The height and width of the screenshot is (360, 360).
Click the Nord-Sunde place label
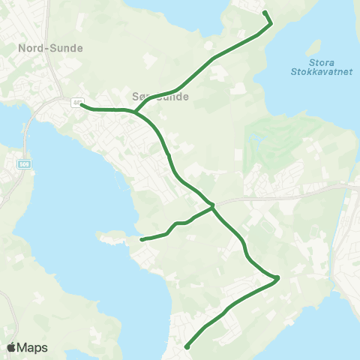coord(49,48)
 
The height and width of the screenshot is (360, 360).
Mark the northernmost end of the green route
coord(265,13)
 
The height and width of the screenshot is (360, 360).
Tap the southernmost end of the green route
coord(186,346)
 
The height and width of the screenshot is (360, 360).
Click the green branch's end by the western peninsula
coord(142,240)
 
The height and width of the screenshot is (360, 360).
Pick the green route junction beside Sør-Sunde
coord(135,112)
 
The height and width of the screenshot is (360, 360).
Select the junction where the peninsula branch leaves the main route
coord(212,206)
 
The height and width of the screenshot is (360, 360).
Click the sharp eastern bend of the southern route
coord(277,278)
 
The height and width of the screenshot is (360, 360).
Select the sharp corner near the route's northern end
coord(270,23)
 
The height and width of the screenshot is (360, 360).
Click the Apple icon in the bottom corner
coord(11,347)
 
